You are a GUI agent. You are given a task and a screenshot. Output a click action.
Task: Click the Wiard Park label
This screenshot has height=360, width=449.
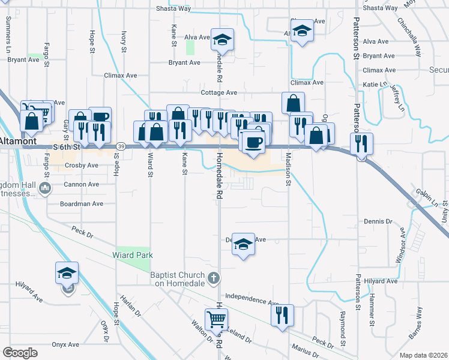click(132, 255)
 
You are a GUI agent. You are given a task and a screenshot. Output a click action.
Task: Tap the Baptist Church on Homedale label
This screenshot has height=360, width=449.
click(178, 280)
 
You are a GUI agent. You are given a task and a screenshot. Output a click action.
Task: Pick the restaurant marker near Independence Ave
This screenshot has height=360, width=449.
click(282, 315)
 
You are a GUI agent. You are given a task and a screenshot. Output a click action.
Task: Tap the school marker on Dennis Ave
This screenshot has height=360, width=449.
click(243, 244)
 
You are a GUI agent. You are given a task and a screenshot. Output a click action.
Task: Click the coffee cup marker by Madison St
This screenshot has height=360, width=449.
click(252, 143)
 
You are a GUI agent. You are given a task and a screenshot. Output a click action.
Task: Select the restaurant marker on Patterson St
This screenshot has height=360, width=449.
click(361, 143)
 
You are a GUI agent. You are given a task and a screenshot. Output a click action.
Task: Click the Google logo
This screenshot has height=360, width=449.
click(20, 352)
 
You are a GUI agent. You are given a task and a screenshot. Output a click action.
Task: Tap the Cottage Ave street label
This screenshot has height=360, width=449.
click(219, 93)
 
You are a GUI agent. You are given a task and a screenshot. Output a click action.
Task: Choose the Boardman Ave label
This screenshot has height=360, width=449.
click(82, 204)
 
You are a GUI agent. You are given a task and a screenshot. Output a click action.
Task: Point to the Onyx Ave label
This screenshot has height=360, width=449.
click(65, 345)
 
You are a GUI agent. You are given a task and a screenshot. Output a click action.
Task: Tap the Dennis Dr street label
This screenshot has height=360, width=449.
click(378, 221)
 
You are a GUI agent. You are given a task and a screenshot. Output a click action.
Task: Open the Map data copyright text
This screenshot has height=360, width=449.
click(421, 355)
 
